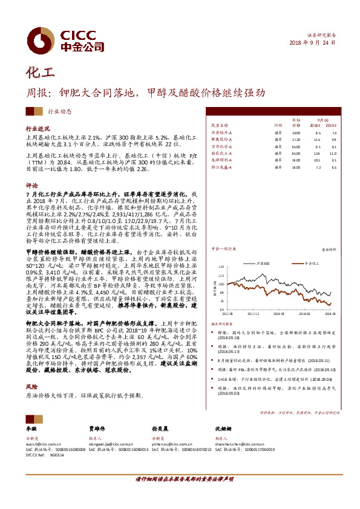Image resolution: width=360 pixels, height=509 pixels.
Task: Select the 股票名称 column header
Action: click(x=220, y=125)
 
